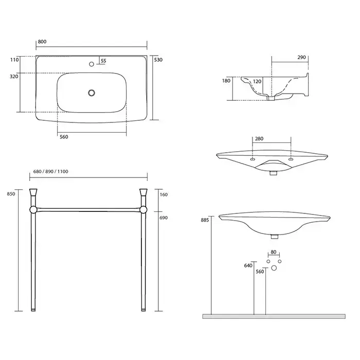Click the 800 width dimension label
[42, 42]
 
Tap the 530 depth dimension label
[158, 60]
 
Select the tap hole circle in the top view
[92, 64]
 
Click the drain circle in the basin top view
[92, 93]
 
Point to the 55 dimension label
[103, 61]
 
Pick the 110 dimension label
[14, 60]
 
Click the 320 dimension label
[14, 77]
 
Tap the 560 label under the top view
[64, 137]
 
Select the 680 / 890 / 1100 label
[51, 171]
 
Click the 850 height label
[11, 194]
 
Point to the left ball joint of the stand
[33, 210]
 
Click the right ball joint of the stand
[143, 210]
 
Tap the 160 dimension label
[164, 194]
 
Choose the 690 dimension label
[164, 218]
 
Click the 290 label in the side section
[302, 57]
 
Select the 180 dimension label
[226, 81]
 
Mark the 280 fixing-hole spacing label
[259, 139]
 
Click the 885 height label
[205, 220]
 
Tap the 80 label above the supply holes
[274, 252]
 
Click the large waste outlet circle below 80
[274, 268]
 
